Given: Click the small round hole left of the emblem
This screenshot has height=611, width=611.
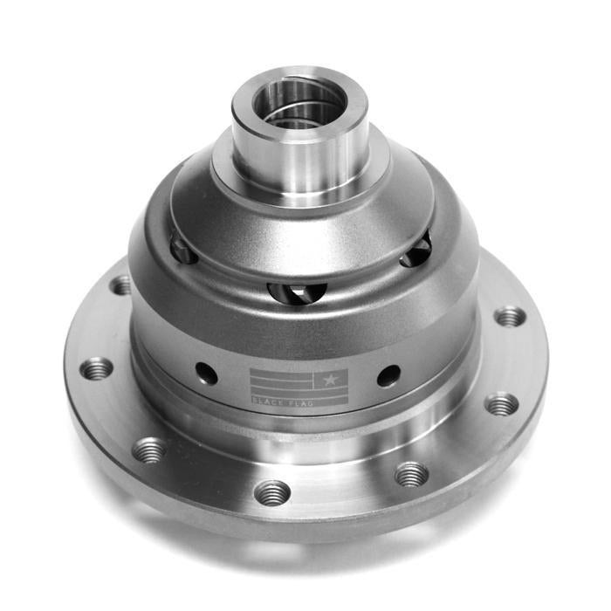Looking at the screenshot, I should (207, 374).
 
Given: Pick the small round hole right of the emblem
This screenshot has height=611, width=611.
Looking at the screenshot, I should (388, 375).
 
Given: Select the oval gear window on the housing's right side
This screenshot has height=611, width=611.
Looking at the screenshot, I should (416, 251).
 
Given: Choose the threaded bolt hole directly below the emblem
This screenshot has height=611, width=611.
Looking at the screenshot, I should (272, 492).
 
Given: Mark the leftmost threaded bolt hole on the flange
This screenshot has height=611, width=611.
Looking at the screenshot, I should (97, 368).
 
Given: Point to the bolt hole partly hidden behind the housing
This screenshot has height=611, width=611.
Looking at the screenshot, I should (120, 285).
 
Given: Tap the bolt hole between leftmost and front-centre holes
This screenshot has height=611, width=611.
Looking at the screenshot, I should (150, 450).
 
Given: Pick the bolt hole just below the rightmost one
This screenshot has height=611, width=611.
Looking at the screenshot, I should (502, 404).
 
